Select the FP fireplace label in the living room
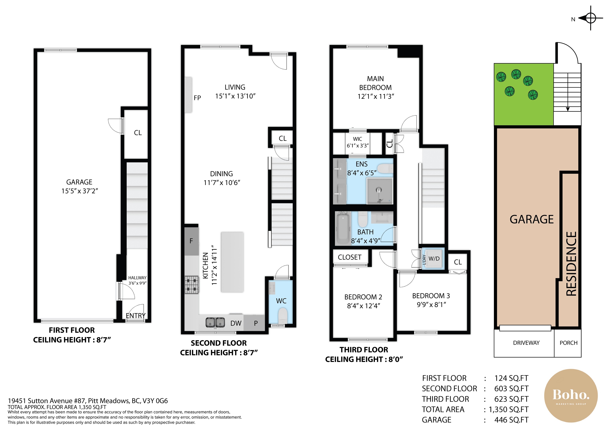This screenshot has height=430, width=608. [197, 98]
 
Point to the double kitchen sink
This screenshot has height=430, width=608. [215, 322]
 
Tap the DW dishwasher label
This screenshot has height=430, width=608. [236, 323]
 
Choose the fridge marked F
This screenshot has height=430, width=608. [191, 241]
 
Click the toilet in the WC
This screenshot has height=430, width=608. [283, 315]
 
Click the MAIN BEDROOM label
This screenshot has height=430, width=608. [375, 83]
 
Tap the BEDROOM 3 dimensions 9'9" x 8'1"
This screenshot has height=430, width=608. [431, 305]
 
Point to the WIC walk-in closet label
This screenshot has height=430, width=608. [357, 139]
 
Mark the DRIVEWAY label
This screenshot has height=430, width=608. [526, 343]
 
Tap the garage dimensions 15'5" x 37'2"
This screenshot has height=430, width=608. [80, 191]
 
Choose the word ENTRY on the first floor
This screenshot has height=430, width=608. [136, 316]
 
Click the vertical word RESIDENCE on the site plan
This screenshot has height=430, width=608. [571, 264]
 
